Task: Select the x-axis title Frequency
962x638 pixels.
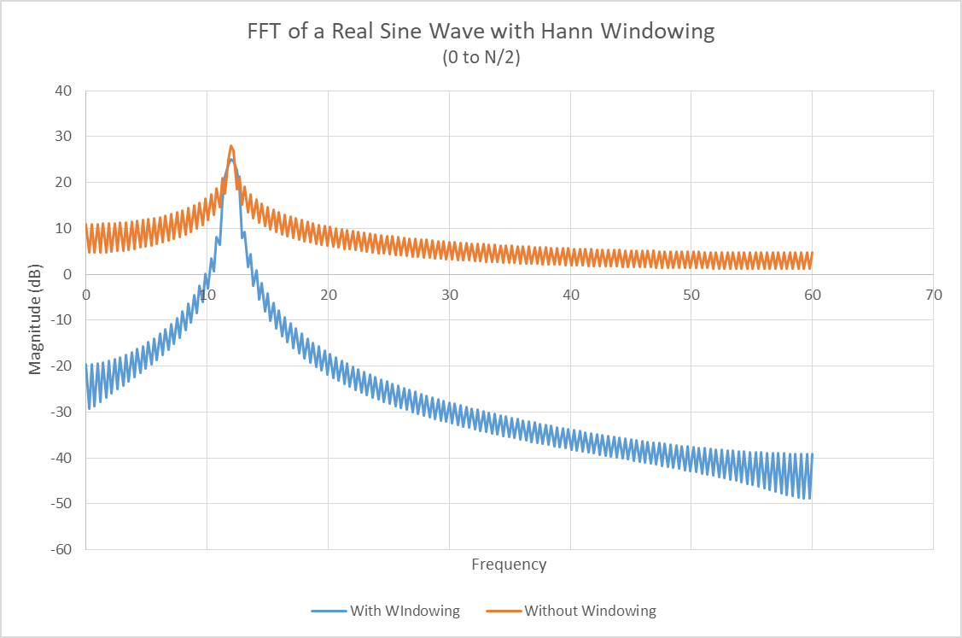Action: coord(509,565)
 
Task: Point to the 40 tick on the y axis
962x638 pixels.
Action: coord(64,91)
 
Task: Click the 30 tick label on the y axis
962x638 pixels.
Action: coord(64,137)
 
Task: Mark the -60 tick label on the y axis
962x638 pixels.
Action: coord(61,549)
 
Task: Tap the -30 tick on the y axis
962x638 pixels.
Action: coord(61,412)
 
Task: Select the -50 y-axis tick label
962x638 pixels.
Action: coord(61,503)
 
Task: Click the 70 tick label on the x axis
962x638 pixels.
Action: coord(933,295)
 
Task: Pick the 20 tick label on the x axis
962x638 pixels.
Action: coord(328,295)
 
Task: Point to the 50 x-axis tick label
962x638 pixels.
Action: coord(691,295)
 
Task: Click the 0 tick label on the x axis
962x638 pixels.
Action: coord(86,295)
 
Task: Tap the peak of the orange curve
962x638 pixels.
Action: coord(230,146)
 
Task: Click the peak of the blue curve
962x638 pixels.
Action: coord(230,160)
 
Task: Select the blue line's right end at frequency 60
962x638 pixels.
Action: coord(813,455)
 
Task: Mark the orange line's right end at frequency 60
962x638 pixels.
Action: coord(813,253)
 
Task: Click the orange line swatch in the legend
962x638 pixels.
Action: coord(503,611)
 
